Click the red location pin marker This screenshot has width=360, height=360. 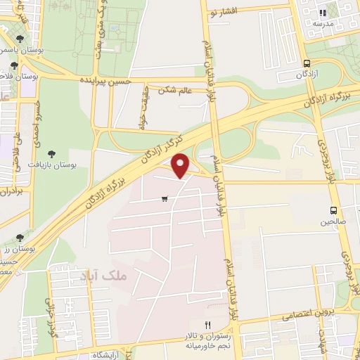[x=181, y=166]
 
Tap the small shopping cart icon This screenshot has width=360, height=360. [x=165, y=199]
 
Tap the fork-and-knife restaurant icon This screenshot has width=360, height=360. [x=207, y=325]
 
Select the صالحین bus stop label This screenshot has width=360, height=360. [x=335, y=221]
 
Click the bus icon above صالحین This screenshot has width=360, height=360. [x=334, y=210]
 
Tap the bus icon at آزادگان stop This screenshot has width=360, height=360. [x=307, y=61]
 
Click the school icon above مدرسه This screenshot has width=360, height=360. [x=323, y=12]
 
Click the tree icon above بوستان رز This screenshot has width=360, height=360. [x=19, y=238]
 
